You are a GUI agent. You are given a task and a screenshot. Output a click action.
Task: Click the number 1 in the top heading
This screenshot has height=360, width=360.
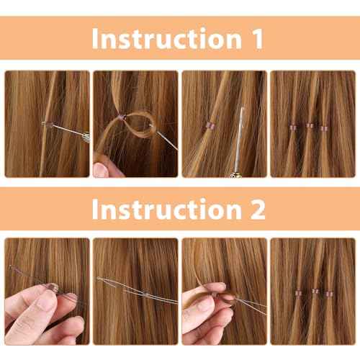(257, 38)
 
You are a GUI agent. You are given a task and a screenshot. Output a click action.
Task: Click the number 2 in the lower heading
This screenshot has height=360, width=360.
(257, 209)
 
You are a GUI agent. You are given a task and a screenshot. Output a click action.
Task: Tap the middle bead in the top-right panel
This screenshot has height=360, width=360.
(310, 125)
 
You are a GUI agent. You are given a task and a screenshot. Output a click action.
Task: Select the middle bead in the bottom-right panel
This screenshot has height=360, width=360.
(315, 292)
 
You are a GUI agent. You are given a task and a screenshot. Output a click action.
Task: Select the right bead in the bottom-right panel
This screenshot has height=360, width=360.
(329, 293)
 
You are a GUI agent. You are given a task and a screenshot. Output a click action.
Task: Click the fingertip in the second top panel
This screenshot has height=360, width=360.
(100, 169)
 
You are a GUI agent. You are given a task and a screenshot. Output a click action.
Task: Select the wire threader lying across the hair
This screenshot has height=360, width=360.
(137, 290)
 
